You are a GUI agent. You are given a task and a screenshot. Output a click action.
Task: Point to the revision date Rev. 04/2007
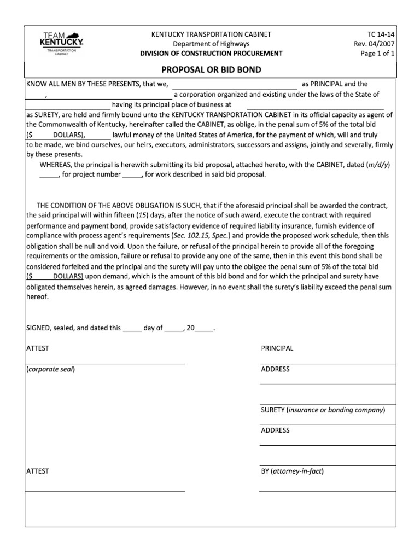[x=374, y=44]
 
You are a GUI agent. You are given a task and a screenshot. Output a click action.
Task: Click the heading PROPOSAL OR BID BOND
[x=211, y=70]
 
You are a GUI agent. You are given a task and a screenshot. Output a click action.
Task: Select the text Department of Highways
[x=211, y=44]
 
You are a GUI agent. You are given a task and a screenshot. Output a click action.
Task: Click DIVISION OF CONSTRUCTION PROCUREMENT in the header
[x=211, y=54]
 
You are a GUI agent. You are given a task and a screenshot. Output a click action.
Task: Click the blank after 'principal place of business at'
[x=316, y=105]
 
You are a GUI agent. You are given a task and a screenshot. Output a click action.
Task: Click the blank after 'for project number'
[x=132, y=175]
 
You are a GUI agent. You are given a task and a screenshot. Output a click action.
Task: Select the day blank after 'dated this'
[x=132, y=329]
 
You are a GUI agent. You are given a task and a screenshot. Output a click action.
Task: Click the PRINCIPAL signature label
[x=277, y=348]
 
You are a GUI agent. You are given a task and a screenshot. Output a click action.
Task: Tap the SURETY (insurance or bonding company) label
[x=323, y=410]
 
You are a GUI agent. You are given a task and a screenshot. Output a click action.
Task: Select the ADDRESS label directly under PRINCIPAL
[x=275, y=369]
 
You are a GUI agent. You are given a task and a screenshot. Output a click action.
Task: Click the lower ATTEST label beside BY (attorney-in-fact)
[x=38, y=471]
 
